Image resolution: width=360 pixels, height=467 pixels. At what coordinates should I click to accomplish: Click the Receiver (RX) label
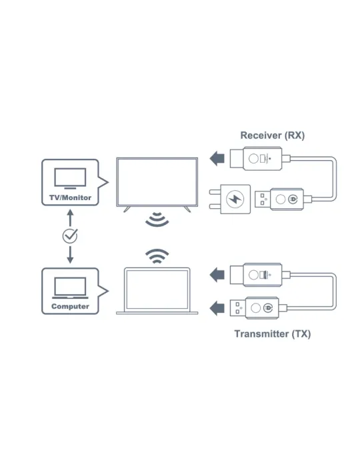pos(272,135)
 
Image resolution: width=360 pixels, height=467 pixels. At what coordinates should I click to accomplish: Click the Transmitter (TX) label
pos(272,334)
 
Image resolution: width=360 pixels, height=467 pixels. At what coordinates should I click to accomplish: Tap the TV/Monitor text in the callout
pos(70,197)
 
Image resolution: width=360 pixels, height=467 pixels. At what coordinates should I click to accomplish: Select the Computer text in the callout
pos(70,306)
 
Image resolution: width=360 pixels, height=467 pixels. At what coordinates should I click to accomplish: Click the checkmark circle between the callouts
pos(70,236)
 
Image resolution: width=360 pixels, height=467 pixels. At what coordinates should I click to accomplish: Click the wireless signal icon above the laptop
pos(157,256)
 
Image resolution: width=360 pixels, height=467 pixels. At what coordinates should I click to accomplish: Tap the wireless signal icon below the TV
pos(157,219)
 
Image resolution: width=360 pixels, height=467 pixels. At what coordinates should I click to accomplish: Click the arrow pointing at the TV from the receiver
pos(217,159)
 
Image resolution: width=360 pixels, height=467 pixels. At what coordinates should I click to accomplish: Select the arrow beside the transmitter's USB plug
pos(217,308)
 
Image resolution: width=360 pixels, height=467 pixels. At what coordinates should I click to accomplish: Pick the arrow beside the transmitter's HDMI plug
pos(217,275)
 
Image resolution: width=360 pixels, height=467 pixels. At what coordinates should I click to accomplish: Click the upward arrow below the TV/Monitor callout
pos(70,217)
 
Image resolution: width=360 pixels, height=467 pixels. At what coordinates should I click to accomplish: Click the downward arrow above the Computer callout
pos(70,255)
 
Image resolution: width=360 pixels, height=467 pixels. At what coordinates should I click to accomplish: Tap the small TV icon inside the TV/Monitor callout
pos(70,179)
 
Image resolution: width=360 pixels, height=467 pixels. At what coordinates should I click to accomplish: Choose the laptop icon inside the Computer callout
pos(70,288)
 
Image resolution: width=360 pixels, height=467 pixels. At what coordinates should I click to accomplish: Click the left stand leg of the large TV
pos(127,209)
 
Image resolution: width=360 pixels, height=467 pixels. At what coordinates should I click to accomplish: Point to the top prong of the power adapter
pos(215,191)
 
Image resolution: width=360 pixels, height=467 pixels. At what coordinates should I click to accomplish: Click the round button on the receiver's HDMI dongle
pos(253,159)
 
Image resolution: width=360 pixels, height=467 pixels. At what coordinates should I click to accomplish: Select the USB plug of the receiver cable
pos(263,199)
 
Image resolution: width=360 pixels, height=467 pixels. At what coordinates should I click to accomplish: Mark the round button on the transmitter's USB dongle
pos(255,308)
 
